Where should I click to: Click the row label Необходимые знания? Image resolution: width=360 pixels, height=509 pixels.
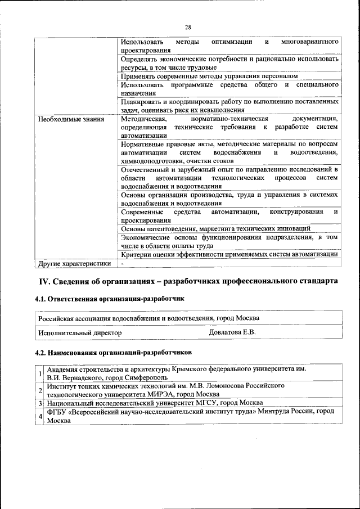[62, 119]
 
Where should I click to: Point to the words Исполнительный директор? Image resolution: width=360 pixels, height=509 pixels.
[80, 333]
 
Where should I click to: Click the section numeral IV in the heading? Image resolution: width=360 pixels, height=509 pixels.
[44, 281]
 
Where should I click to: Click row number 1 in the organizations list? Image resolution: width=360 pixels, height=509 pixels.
[40, 374]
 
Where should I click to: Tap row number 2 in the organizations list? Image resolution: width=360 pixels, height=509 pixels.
[40, 390]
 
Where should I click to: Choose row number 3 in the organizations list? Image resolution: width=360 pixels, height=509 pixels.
[40, 403]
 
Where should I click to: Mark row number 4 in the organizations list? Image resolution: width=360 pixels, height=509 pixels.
[40, 416]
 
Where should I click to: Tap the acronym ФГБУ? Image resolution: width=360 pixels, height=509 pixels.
[57, 412]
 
